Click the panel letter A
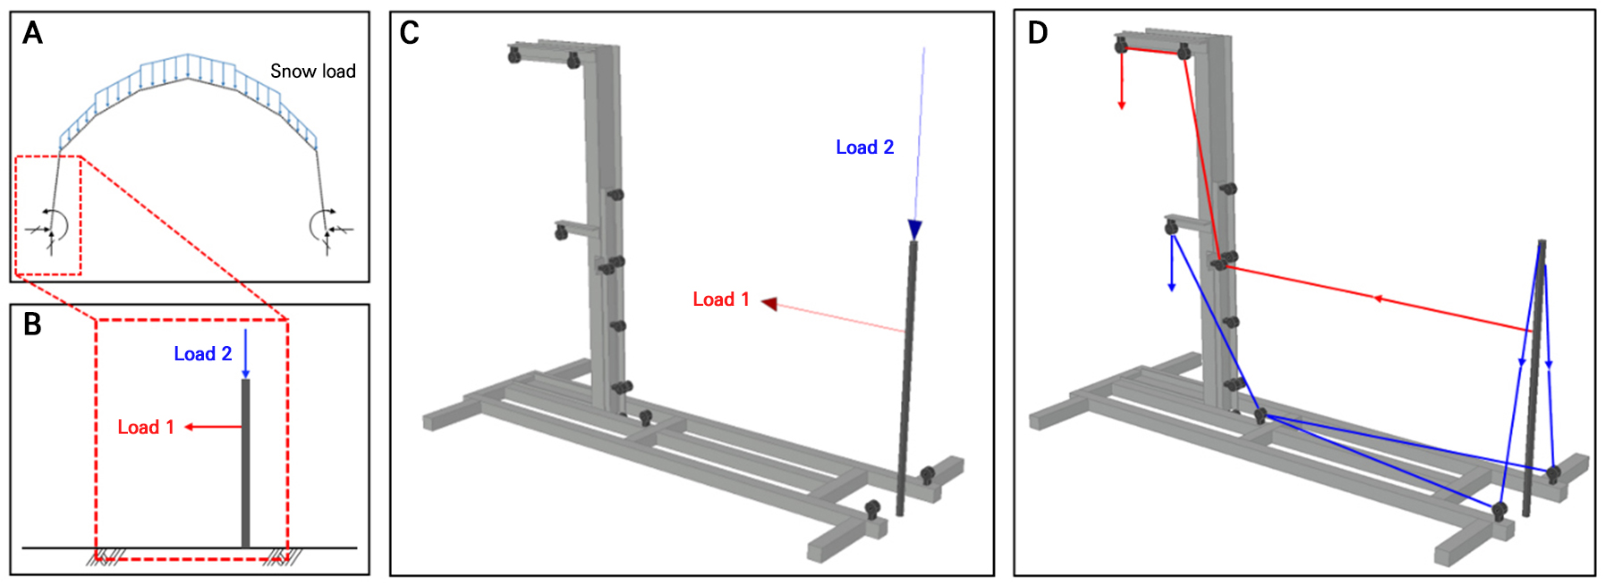click(x=32, y=33)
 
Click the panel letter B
click(x=32, y=325)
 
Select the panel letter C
click(x=410, y=33)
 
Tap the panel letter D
click(x=1038, y=33)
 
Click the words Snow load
click(x=313, y=71)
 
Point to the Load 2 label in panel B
click(x=203, y=354)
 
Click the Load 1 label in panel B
click(x=146, y=427)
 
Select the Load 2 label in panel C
click(x=865, y=148)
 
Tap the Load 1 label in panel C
click(x=721, y=300)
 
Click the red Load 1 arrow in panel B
click(x=214, y=427)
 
